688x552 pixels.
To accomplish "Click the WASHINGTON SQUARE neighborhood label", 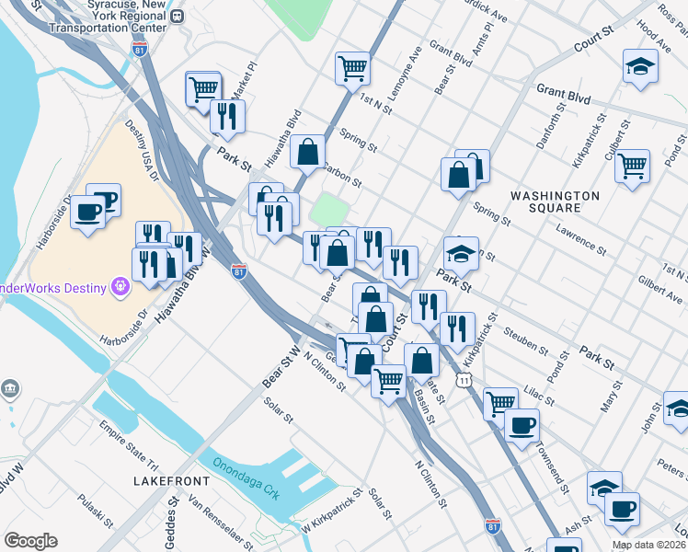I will [555, 202].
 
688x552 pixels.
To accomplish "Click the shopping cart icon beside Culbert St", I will [632, 167].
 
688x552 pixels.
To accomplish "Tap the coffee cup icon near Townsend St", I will [522, 425].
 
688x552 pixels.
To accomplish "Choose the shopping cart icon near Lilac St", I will [500, 402].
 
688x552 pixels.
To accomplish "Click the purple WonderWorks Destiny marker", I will [119, 288].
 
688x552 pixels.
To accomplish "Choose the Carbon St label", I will [341, 167].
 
